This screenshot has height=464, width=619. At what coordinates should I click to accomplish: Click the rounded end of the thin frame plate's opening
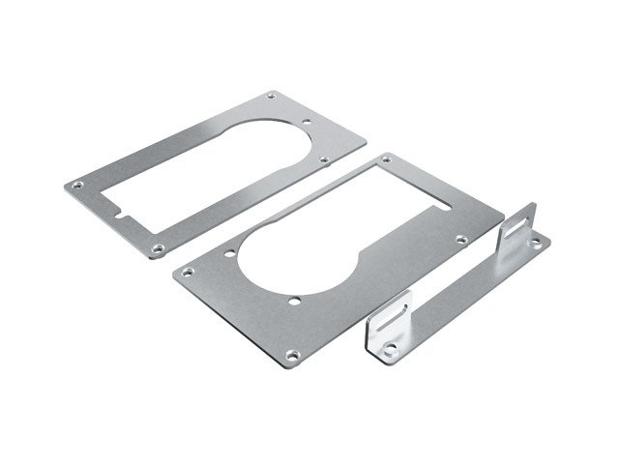tap(295, 146)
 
